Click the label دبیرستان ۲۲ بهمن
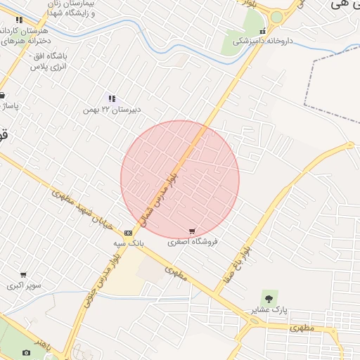112,109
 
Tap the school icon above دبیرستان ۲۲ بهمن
111,98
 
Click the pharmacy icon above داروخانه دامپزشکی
262,31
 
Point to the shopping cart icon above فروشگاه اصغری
192,231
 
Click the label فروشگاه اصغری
193,241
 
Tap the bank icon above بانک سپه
128,232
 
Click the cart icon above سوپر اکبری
23,275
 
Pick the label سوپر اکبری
24,285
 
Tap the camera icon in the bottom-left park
27,353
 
